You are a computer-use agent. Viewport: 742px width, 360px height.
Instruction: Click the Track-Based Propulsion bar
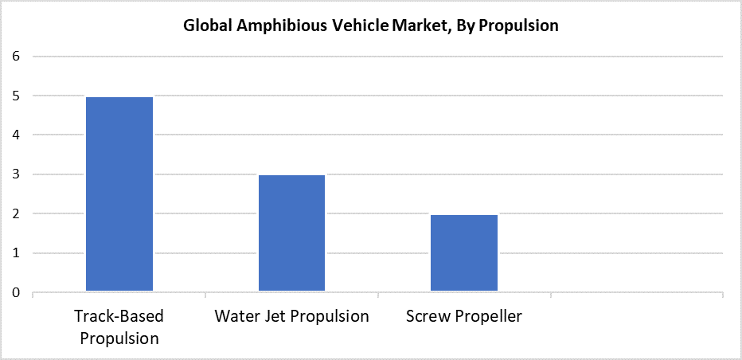point(119,194)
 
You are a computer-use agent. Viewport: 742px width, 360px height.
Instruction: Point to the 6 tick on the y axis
point(16,57)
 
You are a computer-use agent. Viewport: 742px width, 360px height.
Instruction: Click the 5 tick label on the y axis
point(16,96)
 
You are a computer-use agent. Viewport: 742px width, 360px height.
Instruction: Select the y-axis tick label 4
point(16,135)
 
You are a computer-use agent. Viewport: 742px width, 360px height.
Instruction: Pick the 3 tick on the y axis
point(16,174)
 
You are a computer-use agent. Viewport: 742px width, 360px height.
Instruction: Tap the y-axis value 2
point(16,214)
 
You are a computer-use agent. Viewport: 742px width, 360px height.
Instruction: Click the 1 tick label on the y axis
point(16,253)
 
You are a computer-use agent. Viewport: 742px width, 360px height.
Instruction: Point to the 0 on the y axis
point(16,293)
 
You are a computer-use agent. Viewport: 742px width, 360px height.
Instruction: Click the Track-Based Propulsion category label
point(119,327)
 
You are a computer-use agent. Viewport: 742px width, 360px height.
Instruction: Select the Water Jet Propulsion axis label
point(291,316)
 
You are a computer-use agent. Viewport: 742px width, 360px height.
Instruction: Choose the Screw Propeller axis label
point(464,316)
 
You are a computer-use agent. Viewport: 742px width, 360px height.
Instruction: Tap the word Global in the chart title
point(206,25)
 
